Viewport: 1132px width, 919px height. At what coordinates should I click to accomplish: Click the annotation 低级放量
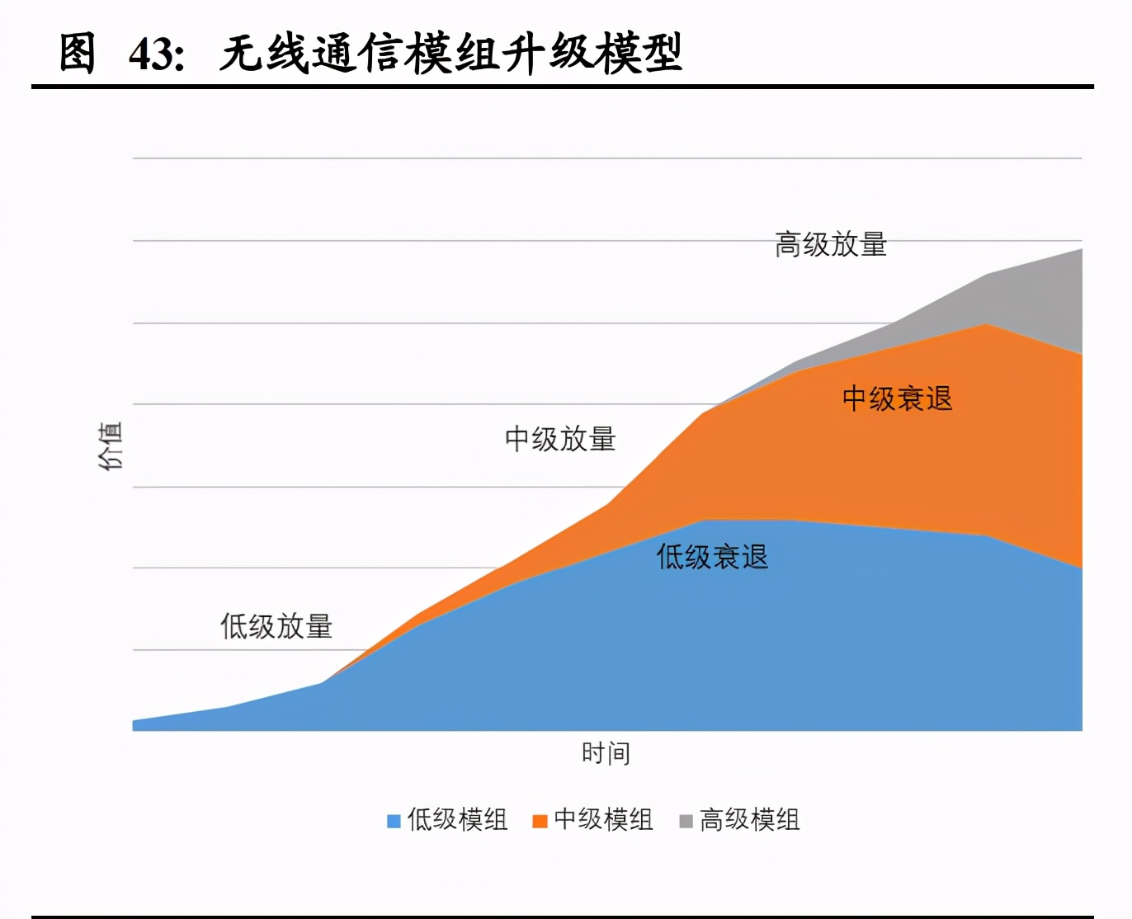point(276,626)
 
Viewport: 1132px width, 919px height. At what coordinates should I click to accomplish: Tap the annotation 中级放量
point(560,439)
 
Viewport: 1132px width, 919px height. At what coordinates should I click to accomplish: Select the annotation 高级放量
point(830,244)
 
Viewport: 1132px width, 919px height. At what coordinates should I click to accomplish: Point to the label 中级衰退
point(897,398)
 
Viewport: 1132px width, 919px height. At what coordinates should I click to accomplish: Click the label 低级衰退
point(712,557)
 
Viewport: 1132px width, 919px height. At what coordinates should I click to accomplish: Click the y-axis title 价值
point(111,445)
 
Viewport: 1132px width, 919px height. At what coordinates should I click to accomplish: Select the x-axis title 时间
point(606,753)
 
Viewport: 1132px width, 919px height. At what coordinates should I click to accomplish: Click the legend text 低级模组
point(457,820)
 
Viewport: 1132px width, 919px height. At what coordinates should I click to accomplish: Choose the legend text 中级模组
point(603,820)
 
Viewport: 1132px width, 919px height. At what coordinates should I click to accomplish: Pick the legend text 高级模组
point(749,820)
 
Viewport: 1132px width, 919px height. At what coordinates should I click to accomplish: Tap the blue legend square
point(394,821)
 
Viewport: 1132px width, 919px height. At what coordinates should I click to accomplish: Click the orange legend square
point(540,821)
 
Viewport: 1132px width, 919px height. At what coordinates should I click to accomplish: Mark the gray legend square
point(686,821)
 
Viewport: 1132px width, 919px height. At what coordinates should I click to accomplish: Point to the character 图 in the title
point(78,54)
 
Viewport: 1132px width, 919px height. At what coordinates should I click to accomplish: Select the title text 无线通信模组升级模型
point(450,54)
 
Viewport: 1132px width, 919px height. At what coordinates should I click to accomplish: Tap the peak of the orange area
point(987,325)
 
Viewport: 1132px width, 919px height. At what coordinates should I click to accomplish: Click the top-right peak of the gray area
point(1081,250)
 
